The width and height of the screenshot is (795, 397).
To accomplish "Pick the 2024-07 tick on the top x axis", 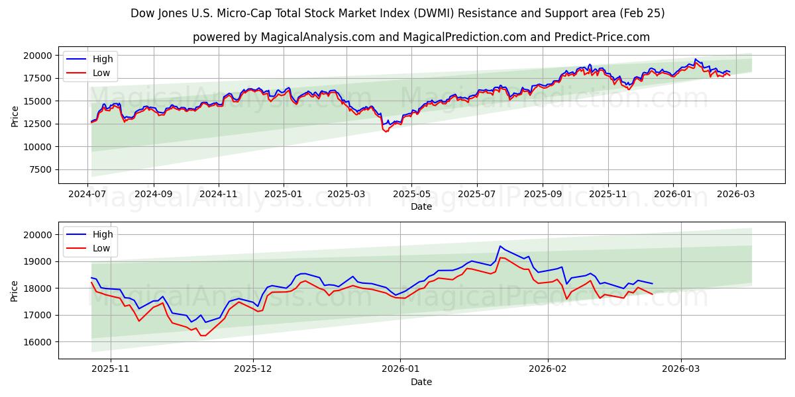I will click(88, 195).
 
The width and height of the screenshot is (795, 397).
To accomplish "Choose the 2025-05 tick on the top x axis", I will click(411, 195).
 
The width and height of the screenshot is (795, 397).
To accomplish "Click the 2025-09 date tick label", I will click(542, 195).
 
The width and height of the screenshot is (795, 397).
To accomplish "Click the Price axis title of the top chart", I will click(15, 116).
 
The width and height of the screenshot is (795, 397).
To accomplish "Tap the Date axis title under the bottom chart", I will click(421, 382).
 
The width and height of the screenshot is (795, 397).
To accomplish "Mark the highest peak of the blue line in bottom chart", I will click(500, 246).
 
